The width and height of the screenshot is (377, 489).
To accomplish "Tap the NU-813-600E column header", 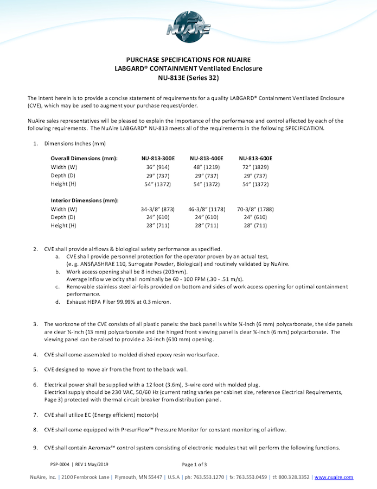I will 255,158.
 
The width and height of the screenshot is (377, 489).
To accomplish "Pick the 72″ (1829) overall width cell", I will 255,167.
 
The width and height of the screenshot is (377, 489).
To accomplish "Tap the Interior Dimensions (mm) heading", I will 85,200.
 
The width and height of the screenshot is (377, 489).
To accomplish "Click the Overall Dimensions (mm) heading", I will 84,158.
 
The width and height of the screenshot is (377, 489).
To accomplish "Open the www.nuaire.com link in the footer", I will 334,477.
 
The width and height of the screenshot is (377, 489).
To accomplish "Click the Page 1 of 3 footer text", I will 194,465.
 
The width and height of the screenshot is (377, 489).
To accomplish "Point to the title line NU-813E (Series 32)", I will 188,77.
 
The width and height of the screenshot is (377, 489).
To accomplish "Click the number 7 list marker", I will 35,414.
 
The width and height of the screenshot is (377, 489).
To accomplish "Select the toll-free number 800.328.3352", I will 295,477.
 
